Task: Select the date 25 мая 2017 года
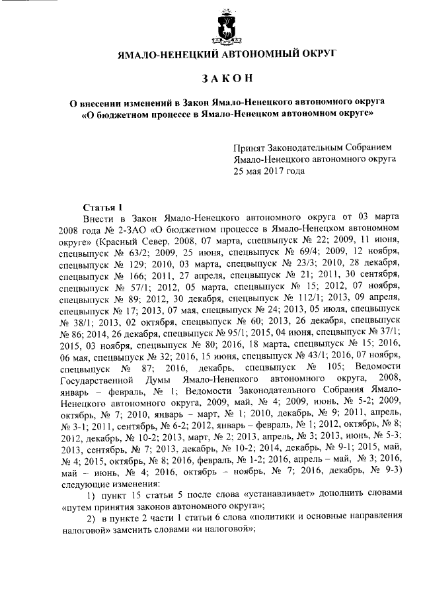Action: coord(269,170)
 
